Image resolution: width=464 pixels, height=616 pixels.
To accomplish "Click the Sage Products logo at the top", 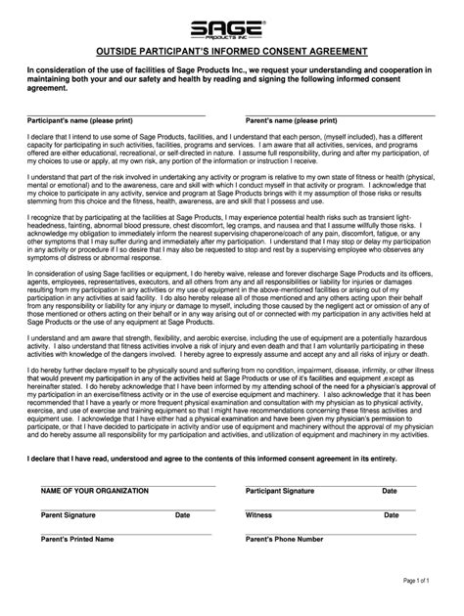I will coord(231,27).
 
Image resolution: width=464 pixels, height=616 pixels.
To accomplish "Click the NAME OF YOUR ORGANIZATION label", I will coord(95,490).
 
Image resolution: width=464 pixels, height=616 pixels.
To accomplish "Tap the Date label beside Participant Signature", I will coord(390,490).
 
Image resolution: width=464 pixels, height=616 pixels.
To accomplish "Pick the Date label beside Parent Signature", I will coord(183,513).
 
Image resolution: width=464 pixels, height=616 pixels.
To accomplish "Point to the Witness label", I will coord(258,513).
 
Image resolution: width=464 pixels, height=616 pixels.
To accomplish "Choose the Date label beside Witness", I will coord(390,513).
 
